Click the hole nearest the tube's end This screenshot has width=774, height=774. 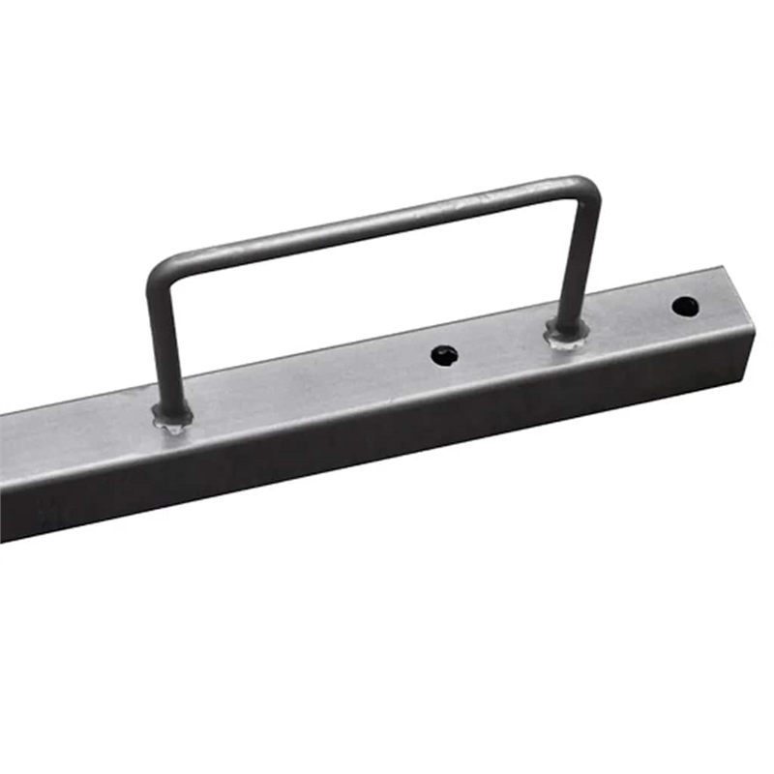685,307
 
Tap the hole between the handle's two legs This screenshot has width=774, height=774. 444,355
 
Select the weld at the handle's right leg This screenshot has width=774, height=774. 566,335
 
